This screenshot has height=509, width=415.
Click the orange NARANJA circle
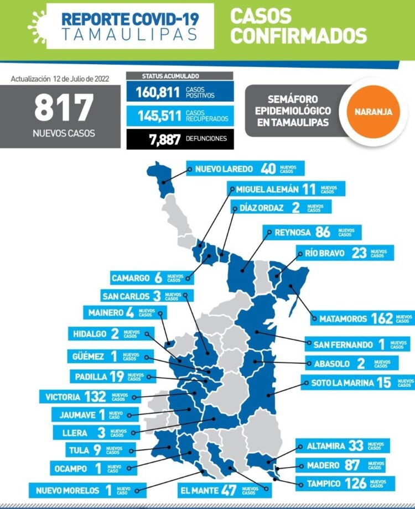[x=370, y=111]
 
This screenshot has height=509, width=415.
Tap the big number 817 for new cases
[x=64, y=108]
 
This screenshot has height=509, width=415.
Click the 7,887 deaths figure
[x=164, y=138]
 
